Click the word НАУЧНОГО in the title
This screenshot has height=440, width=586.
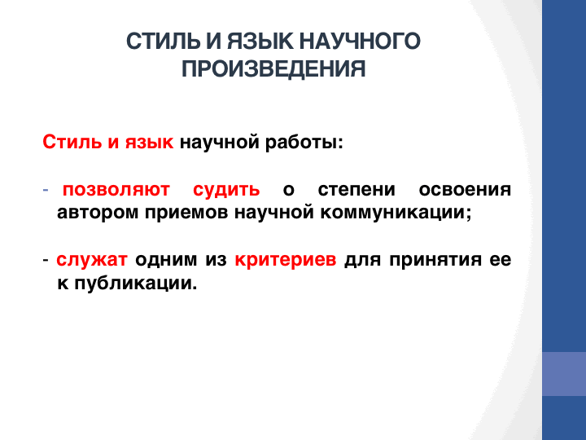coord(360,42)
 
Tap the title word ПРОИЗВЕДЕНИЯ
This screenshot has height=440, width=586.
coord(273,68)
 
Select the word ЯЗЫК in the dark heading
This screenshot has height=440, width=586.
coord(260,42)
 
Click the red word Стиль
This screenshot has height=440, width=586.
coord(72,142)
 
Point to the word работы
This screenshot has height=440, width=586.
coord(304,142)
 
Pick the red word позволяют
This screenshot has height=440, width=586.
coord(116,189)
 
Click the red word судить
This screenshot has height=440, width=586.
coord(226,189)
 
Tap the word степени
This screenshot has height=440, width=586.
coord(356,189)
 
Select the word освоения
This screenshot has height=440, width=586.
coord(465,189)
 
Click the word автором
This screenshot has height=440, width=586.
coord(98,213)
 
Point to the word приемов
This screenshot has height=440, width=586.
coord(186,213)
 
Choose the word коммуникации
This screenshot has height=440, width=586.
coord(396,213)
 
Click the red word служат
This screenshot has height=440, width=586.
coord(92,259)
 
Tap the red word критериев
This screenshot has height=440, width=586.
coord(286,259)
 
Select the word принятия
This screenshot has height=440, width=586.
coord(435,259)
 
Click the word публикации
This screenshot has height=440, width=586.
coord(135,283)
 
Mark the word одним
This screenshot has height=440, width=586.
coord(166,259)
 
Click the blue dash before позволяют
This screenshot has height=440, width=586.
coord(46,190)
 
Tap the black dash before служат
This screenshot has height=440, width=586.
coord(46,260)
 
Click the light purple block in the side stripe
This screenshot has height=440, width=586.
coord(564,374)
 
